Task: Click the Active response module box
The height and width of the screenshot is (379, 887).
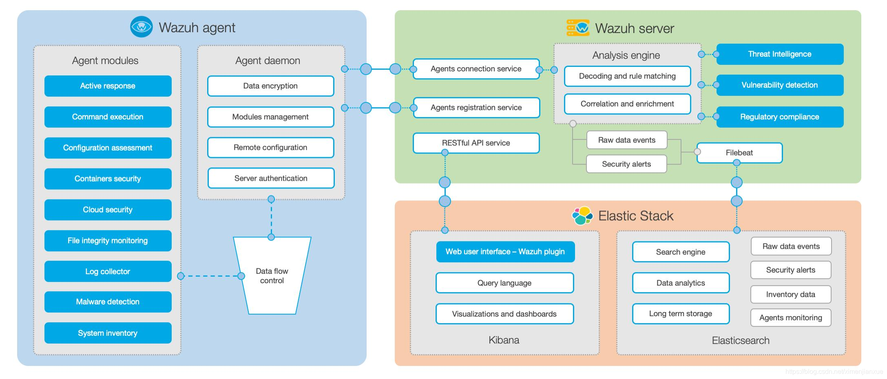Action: [108, 86]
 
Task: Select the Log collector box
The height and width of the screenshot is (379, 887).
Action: [108, 271]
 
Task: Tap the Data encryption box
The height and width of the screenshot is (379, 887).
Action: [270, 86]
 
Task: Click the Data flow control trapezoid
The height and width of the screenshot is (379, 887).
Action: [272, 276]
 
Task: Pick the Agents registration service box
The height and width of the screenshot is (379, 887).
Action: [476, 107]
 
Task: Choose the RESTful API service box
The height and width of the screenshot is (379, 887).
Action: [476, 143]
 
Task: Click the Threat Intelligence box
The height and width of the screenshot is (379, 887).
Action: [780, 54]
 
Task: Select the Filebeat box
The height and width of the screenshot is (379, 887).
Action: [739, 153]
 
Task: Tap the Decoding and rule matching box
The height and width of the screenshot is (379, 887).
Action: [627, 76]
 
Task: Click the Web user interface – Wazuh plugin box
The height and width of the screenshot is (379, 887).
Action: [505, 252]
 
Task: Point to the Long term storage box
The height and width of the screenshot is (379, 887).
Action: [681, 314]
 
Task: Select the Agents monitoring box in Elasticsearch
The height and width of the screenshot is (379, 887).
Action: [791, 318]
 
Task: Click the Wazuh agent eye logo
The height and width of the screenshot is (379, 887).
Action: [142, 27]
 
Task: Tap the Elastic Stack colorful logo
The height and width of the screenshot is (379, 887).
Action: [582, 215]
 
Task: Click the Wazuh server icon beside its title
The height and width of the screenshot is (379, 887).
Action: [578, 28]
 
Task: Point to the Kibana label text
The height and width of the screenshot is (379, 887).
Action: [504, 340]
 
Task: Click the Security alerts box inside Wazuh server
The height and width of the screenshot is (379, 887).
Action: [626, 164]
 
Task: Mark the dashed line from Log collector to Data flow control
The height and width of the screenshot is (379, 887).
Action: [211, 276]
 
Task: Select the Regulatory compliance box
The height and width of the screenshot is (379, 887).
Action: [780, 117]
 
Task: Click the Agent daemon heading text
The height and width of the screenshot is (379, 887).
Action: [268, 60]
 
